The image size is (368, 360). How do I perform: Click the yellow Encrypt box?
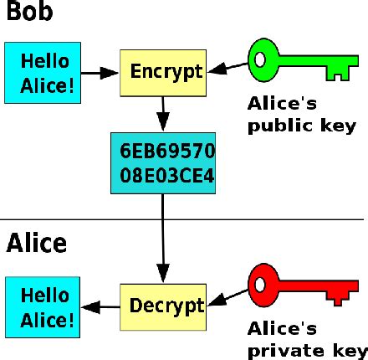tap(163, 73)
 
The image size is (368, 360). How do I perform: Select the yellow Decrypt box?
tap(163, 307)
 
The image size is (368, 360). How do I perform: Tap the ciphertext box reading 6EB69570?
tap(163, 163)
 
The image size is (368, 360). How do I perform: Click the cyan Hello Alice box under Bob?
tap(43, 73)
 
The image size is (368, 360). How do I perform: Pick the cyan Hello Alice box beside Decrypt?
tap(43, 307)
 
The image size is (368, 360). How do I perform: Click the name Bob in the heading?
tap(29, 11)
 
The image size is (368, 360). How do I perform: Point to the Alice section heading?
tap(37, 243)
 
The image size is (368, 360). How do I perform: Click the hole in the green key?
tap(260, 60)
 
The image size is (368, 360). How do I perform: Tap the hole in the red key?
tap(260, 285)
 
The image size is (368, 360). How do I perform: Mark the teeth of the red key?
tap(338, 298)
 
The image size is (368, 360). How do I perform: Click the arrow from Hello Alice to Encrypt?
tap(100, 73)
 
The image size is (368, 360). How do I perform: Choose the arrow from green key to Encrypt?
tap(227, 68)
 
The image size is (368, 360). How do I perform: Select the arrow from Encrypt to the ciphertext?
tap(163, 114)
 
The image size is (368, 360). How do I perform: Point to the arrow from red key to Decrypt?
tap(227, 298)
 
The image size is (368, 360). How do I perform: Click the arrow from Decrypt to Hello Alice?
tap(100, 307)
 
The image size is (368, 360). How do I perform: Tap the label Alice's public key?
tap(302, 115)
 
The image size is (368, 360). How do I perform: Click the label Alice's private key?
tap(308, 340)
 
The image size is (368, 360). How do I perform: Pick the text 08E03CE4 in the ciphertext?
tap(167, 176)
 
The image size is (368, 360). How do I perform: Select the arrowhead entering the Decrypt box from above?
tap(163, 273)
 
